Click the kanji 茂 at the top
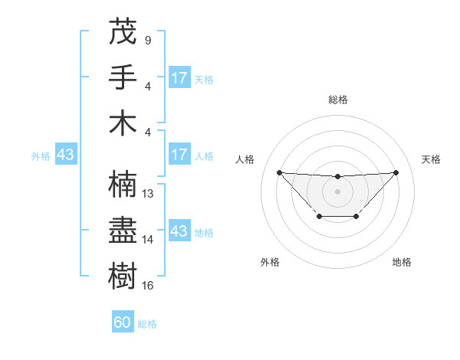click(123, 31)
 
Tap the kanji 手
click(123, 77)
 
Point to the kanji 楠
click(123, 185)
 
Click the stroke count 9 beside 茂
click(147, 40)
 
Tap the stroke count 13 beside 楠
click(149, 194)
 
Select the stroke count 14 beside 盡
click(149, 239)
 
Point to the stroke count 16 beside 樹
click(149, 285)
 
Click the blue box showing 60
click(123, 322)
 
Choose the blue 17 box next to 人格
click(179, 155)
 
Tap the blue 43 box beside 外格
click(66, 155)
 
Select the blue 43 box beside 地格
click(179, 231)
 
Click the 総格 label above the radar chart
click(337, 100)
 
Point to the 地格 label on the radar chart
click(402, 263)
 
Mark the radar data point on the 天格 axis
click(396, 172)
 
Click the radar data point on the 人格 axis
click(279, 172)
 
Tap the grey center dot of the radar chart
click(337, 191)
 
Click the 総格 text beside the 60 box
click(147, 324)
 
